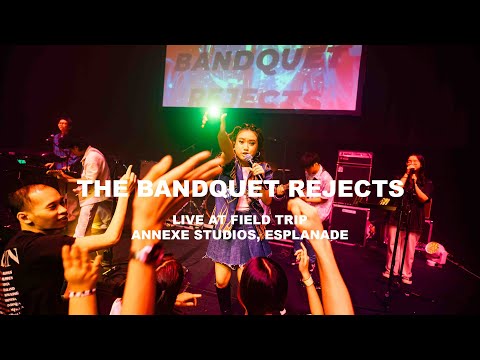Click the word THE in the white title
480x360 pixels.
pyautogui.click(x=98, y=189)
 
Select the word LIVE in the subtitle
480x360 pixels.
pyautogui.click(x=191, y=218)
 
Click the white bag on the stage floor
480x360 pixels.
pyautogui.click(x=435, y=253)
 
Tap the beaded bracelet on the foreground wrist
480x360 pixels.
pyautogui.click(x=82, y=293)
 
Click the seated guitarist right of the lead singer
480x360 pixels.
pyautogui.click(x=313, y=185)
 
